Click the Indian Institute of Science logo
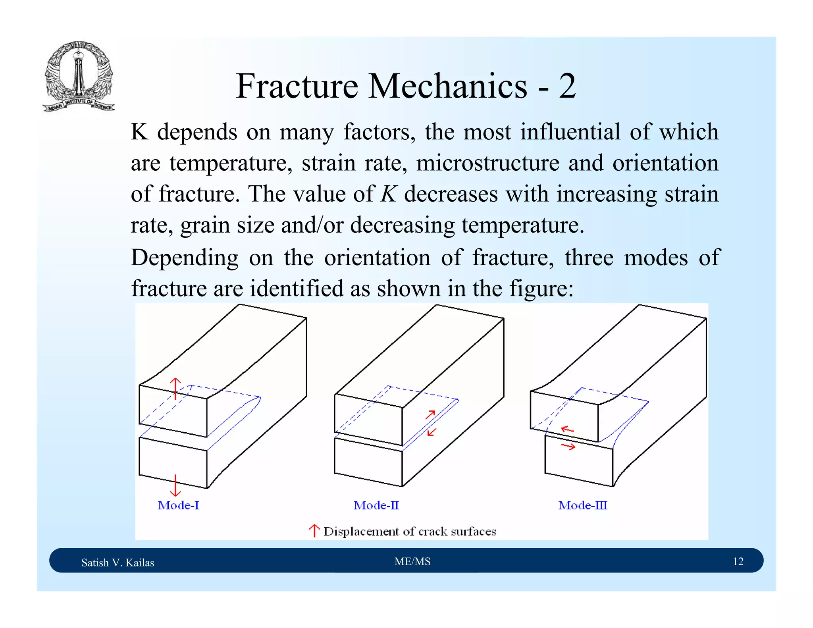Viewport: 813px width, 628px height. pyautogui.click(x=78, y=77)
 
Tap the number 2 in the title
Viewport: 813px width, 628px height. pyautogui.click(x=567, y=86)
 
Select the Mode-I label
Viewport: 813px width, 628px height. pyautogui.click(x=178, y=505)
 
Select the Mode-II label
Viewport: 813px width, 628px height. pyautogui.click(x=376, y=505)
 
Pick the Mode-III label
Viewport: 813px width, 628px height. pyautogui.click(x=582, y=505)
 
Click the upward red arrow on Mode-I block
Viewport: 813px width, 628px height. pyautogui.click(x=175, y=389)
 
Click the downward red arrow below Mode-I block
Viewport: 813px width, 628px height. pyautogui.click(x=175, y=485)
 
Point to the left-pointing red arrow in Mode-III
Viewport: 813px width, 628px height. pyautogui.click(x=568, y=429)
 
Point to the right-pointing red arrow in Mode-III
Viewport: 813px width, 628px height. pyautogui.click(x=568, y=447)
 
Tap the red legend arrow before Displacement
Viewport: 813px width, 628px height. pyautogui.click(x=314, y=531)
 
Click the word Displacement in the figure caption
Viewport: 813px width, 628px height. pyautogui.click(x=361, y=532)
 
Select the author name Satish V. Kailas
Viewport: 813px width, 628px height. pyautogui.click(x=118, y=563)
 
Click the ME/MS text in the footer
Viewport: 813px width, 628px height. pyautogui.click(x=412, y=561)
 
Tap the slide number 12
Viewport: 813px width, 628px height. pyautogui.click(x=738, y=561)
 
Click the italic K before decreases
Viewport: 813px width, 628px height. pyautogui.click(x=389, y=194)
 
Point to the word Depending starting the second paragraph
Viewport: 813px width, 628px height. pyautogui.click(x=185, y=257)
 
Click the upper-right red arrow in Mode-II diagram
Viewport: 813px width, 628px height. pyautogui.click(x=431, y=415)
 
